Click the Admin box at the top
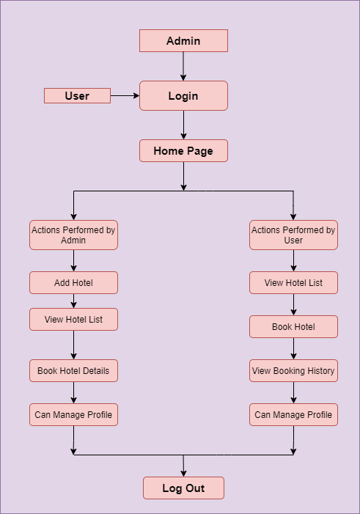(183, 40)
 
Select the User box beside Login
(78, 96)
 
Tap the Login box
(183, 96)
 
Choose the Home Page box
(183, 151)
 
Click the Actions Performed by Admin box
(74, 235)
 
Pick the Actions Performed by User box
(293, 235)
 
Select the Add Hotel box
(74, 282)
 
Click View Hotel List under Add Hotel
(74, 319)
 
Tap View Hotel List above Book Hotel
(293, 282)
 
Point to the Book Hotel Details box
(74, 371)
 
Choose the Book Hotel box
(293, 326)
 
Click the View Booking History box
(293, 371)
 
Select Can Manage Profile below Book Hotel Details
(74, 415)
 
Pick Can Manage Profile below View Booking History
(293, 415)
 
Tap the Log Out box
(183, 488)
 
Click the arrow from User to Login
(125, 96)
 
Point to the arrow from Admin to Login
(183, 66)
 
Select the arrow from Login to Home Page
(183, 125)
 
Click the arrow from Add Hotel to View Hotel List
(74, 301)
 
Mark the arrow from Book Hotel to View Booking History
(293, 348)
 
